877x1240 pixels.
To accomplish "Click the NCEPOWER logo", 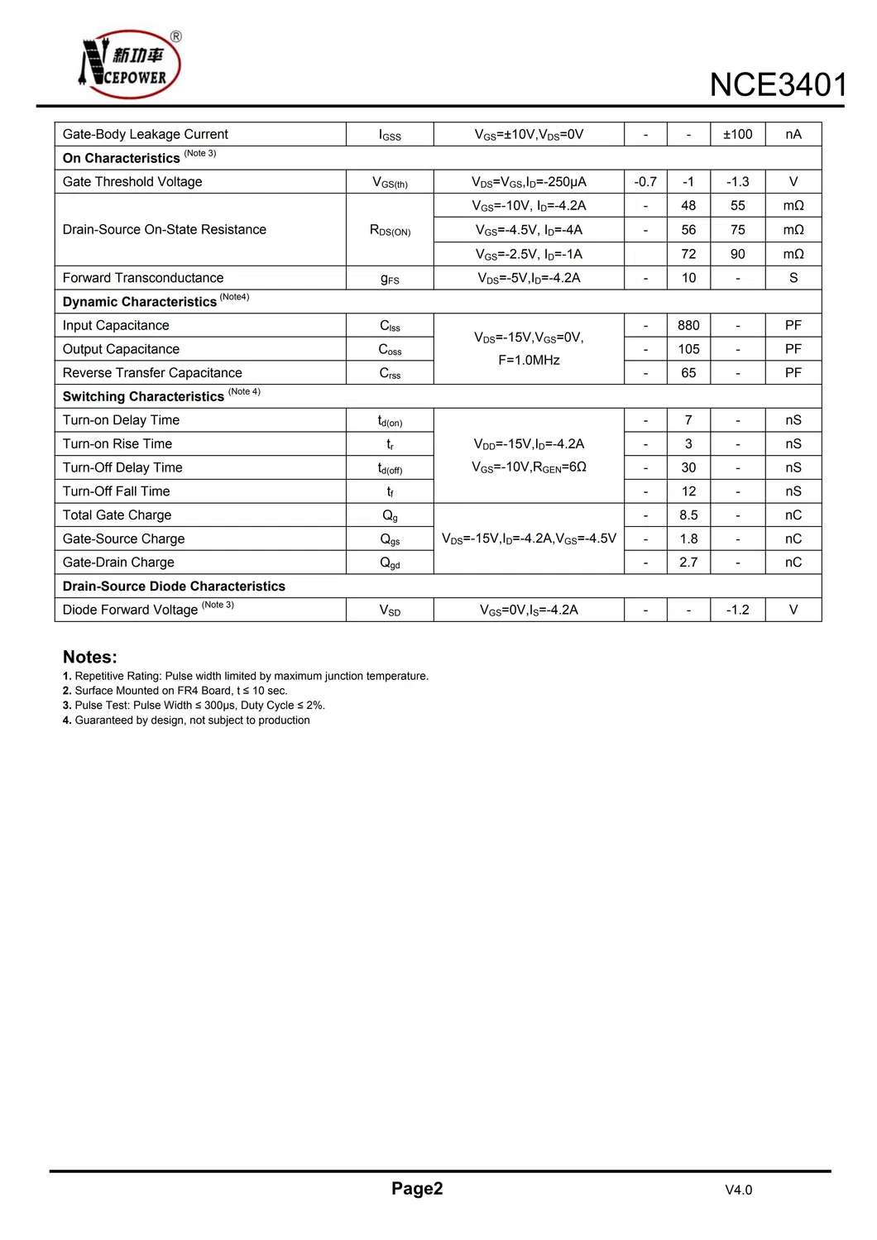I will (x=130, y=65).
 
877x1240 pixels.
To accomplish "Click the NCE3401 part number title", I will (x=778, y=85).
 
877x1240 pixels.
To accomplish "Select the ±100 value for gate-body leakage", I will (x=737, y=134).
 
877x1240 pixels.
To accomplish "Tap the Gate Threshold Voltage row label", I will (x=132, y=182).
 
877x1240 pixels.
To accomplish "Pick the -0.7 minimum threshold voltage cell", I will (x=645, y=182).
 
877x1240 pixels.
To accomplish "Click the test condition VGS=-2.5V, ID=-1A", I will (x=529, y=254).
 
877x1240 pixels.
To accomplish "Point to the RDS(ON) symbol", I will (x=390, y=230).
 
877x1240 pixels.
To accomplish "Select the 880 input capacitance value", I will (x=688, y=325).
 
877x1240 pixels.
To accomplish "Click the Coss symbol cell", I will (x=390, y=349).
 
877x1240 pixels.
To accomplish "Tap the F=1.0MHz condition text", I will (x=529, y=360).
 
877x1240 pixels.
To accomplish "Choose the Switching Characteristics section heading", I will (x=144, y=396).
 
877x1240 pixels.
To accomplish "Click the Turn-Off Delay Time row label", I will (x=122, y=467).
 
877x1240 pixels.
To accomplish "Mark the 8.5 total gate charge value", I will (x=688, y=515).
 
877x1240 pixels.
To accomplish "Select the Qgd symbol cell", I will (x=390, y=563).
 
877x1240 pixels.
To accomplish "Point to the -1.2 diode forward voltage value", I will (x=737, y=610).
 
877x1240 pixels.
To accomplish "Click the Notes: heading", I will (x=90, y=657).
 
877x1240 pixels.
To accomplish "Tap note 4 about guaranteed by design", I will (x=187, y=721).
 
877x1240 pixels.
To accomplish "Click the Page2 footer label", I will (x=417, y=1189).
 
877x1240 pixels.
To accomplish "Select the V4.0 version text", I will (x=738, y=1190).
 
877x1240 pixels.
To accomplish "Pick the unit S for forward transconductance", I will (x=793, y=278).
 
